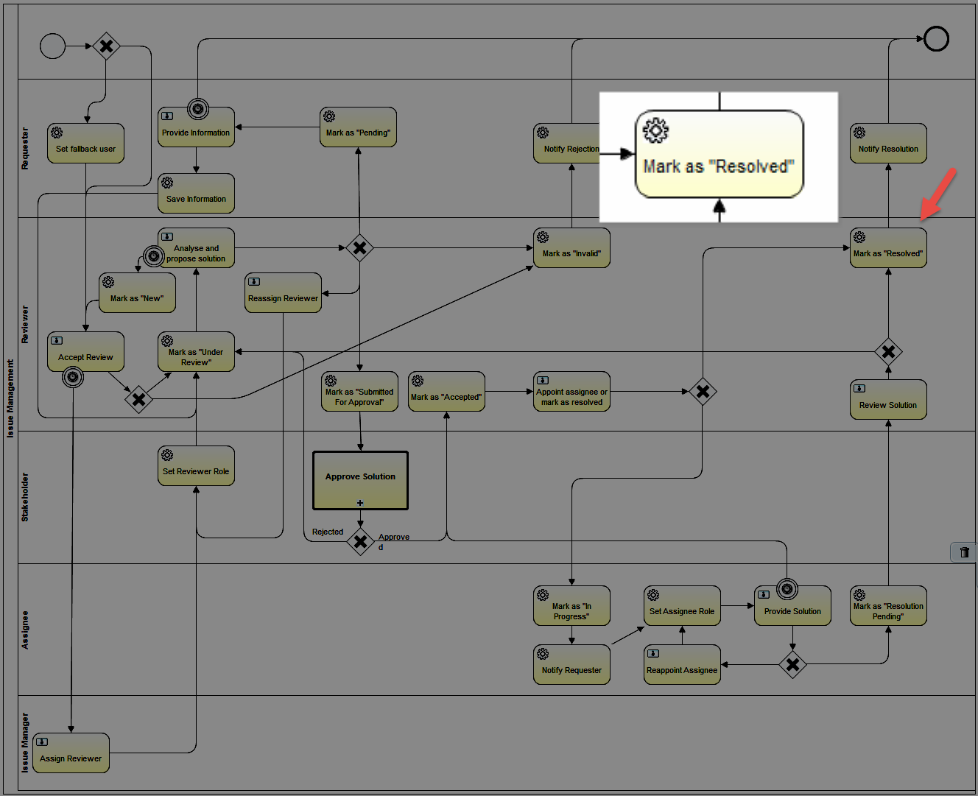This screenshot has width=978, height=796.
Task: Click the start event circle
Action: tap(52, 46)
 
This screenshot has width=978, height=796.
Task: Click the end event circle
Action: tap(936, 38)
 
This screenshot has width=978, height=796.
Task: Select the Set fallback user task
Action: tap(85, 143)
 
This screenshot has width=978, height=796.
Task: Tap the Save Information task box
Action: tap(196, 193)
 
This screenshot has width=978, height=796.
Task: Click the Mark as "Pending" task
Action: tap(358, 127)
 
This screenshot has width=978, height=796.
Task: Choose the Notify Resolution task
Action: tap(888, 143)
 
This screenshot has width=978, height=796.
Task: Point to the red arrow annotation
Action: tap(938, 194)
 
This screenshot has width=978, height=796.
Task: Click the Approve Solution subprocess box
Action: tap(360, 480)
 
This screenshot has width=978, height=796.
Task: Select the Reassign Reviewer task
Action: tap(283, 293)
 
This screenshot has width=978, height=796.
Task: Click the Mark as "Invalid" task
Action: tap(571, 248)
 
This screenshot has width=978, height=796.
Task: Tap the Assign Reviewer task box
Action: tap(71, 753)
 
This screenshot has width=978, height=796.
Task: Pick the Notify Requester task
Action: tap(571, 664)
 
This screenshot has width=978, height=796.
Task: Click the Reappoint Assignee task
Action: tap(682, 664)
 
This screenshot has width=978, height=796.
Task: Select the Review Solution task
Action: tap(888, 399)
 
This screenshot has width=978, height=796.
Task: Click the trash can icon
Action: tap(964, 552)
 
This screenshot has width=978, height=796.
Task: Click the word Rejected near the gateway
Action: tap(328, 532)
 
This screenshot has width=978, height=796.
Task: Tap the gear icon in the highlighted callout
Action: tap(655, 131)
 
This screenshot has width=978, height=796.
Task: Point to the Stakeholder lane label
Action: tap(25, 497)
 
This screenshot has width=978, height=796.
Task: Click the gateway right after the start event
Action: tap(106, 46)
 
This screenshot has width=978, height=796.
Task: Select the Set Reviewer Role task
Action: tap(196, 465)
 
